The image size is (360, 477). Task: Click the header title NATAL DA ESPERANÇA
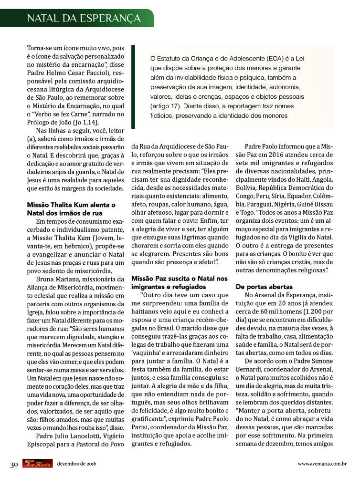pos(84,18)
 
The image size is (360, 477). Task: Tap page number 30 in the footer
pos(14,464)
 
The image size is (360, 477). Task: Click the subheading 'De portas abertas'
pos(264,287)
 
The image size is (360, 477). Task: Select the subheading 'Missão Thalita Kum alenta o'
pos(71,205)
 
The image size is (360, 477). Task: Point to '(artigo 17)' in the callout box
pos(167,106)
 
